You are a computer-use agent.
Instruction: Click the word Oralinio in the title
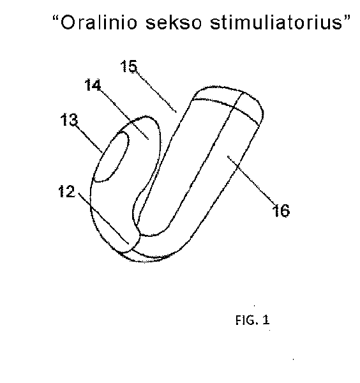[x=98, y=23]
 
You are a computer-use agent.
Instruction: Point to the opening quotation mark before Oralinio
[x=55, y=19]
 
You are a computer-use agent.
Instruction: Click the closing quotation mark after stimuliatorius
[x=347, y=19]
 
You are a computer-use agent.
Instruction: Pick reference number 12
[x=66, y=191]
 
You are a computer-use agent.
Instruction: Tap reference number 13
[x=69, y=120]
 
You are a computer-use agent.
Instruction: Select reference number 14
[x=93, y=85]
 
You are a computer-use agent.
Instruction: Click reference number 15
[x=129, y=66]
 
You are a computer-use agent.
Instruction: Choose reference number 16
[x=281, y=210]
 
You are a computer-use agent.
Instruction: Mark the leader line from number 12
[x=103, y=218]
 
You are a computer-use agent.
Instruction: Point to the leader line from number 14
[x=124, y=114]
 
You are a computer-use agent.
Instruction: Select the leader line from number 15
[x=156, y=91]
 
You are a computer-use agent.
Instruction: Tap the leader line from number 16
[x=252, y=181]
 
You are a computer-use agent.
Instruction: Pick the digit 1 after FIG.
[x=266, y=320]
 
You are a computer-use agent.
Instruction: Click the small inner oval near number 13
[x=112, y=157]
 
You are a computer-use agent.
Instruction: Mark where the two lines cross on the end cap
[x=234, y=107]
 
